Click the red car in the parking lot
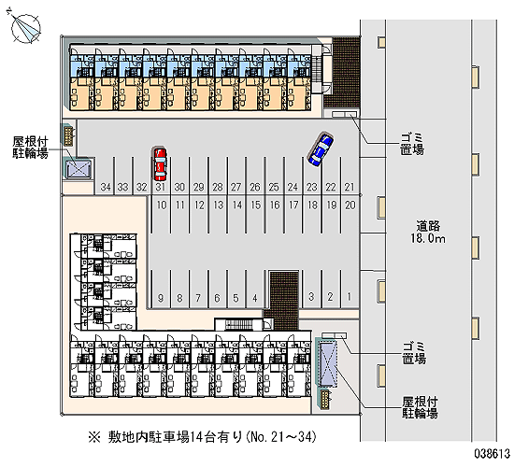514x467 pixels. pyautogui.click(x=160, y=163)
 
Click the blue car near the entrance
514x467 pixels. pyautogui.click(x=321, y=149)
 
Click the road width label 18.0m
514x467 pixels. pyautogui.click(x=428, y=238)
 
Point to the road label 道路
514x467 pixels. pyautogui.click(x=428, y=226)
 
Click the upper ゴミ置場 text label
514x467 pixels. pyautogui.click(x=412, y=144)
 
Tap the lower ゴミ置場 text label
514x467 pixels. pyautogui.click(x=414, y=353)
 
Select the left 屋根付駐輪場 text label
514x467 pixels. pyautogui.click(x=30, y=148)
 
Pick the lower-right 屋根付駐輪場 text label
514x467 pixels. pyautogui.click(x=420, y=407)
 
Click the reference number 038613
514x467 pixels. pyautogui.click(x=493, y=454)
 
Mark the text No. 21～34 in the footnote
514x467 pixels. pyautogui.click(x=282, y=437)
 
